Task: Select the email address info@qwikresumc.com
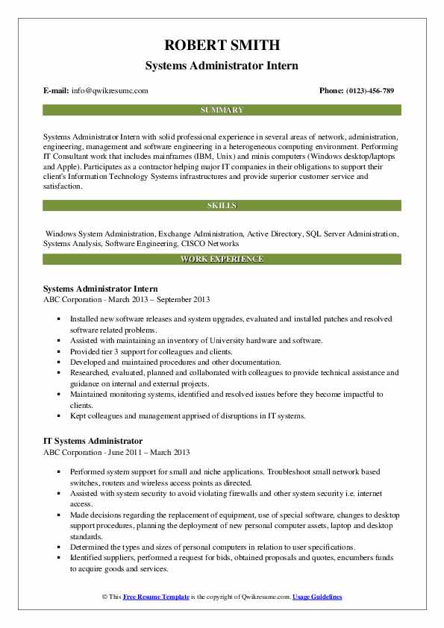pyautogui.click(x=110, y=91)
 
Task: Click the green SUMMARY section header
pyautogui.click(x=222, y=110)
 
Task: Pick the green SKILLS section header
pyautogui.click(x=222, y=205)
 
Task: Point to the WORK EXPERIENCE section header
pyautogui.click(x=222, y=259)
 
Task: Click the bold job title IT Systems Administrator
pyautogui.click(x=93, y=441)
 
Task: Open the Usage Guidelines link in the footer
pyautogui.click(x=317, y=597)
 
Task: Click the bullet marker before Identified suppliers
pyautogui.click(x=59, y=558)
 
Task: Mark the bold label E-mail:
pyautogui.click(x=57, y=91)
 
